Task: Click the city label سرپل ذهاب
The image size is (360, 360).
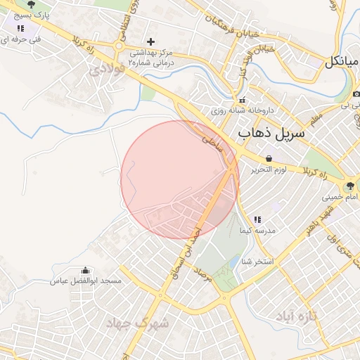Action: [273, 132]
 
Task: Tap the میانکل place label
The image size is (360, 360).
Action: [342, 62]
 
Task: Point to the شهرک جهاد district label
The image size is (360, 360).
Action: [138, 323]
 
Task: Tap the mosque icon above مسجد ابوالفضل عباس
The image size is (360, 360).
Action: [86, 271]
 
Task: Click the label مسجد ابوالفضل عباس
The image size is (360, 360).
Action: [85, 281]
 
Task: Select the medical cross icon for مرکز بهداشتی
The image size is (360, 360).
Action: [150, 42]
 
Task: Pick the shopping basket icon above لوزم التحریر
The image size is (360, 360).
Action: [269, 159]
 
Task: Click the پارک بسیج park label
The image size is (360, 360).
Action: [34, 14]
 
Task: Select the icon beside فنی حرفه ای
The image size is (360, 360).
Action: [20, 29]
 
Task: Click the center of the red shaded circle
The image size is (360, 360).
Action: [180, 180]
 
